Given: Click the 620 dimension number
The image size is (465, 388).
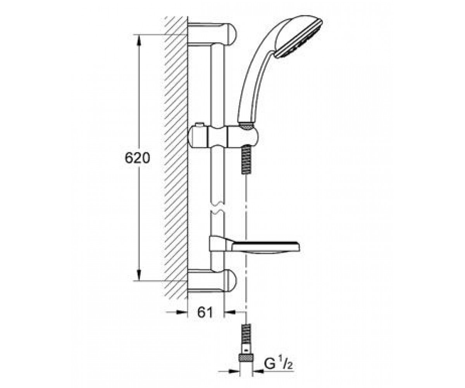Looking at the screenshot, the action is [138, 158].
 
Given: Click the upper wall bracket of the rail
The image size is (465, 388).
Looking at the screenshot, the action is [212, 34].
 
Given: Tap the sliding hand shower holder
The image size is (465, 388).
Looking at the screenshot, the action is [223, 137].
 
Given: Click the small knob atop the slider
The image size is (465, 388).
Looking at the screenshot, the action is [200, 125].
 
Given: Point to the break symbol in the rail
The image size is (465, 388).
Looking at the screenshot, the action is [217, 207].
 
